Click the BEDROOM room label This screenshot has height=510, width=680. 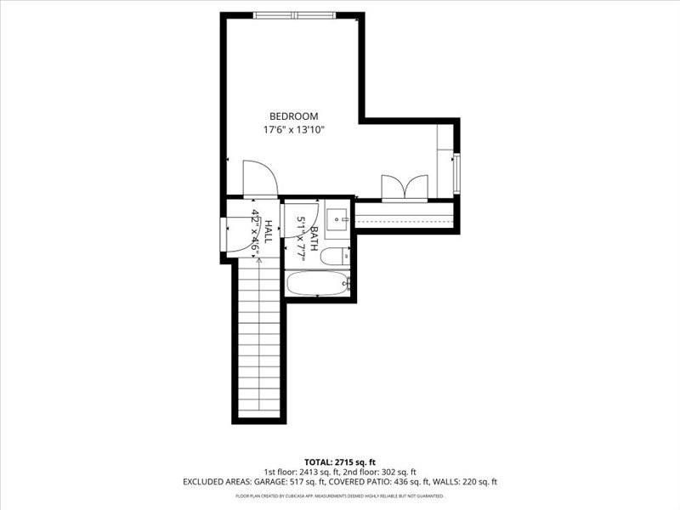pos(293,116)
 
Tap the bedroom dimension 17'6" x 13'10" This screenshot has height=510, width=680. pos(293,130)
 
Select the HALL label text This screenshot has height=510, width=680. pos(268,232)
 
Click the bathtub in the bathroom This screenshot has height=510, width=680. pos(317,283)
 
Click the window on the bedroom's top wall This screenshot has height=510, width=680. pos(294,15)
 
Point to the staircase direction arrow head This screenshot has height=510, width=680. pos(258,260)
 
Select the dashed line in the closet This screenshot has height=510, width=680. pos(404,218)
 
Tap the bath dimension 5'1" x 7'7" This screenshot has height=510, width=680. pos(300,237)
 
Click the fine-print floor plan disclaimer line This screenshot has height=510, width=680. pos(339,496)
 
